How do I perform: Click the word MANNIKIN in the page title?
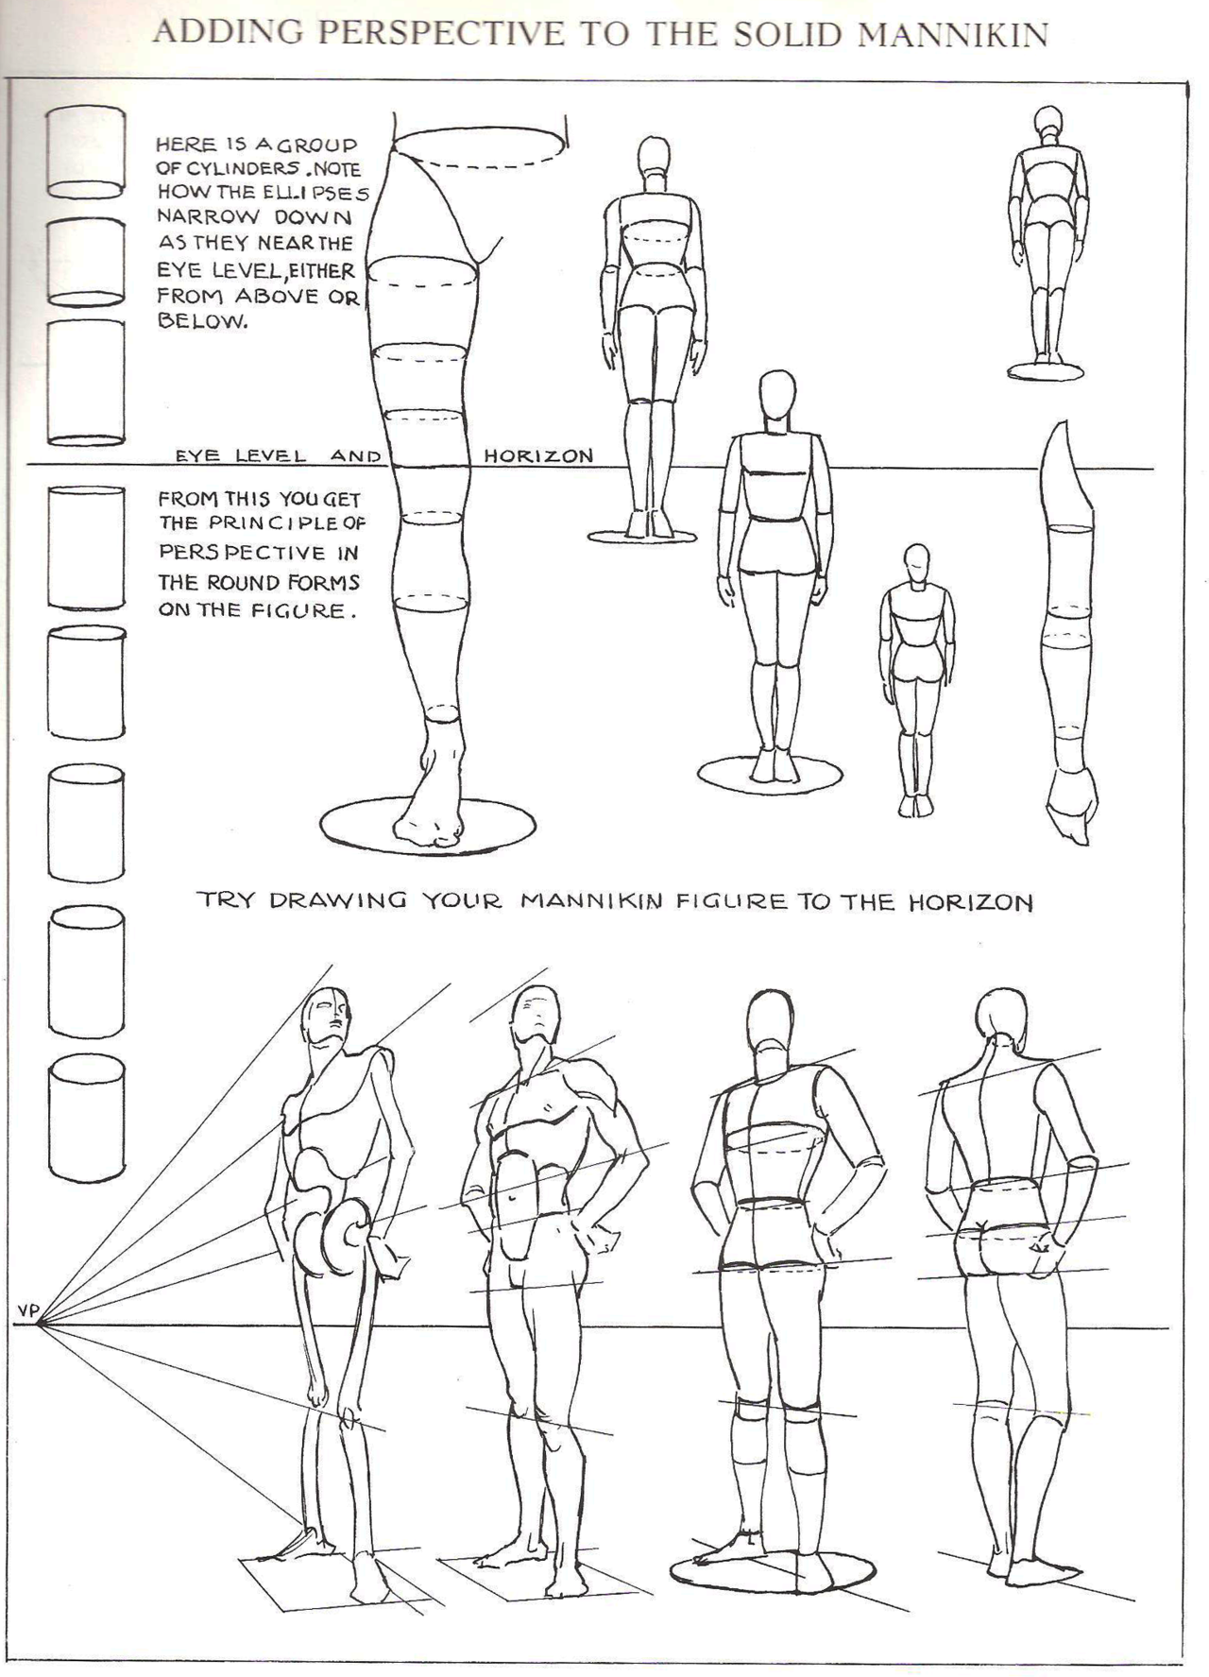tap(954, 35)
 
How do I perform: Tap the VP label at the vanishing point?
tap(26, 1310)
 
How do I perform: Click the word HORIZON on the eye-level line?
tap(538, 455)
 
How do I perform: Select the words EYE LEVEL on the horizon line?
tap(241, 455)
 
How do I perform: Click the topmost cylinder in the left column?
tap(85, 151)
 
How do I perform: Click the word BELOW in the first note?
tap(201, 320)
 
